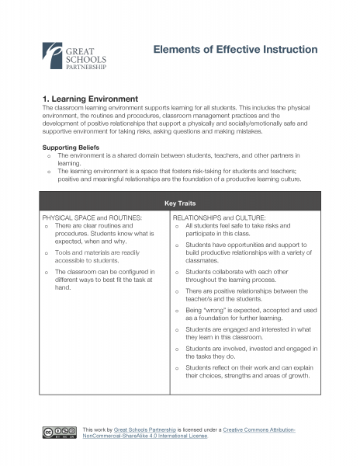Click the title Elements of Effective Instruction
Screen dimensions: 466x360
pyautogui.click(x=235, y=50)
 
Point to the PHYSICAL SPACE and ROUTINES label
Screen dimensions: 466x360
pyautogui.click(x=87, y=218)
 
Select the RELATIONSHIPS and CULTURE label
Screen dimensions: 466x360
pyautogui.click(x=220, y=218)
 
